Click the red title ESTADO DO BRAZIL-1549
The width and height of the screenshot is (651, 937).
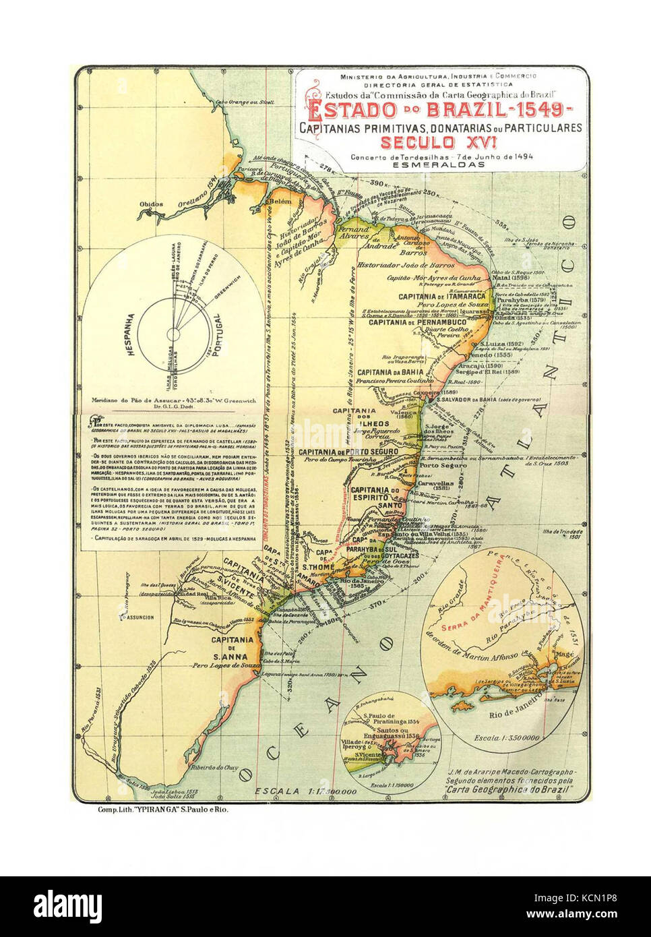tap(440, 110)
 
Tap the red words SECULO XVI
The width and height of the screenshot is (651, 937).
tap(439, 142)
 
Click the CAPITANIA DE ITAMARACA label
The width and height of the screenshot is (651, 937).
tap(441, 297)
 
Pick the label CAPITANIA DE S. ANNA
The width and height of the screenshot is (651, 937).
tap(230, 648)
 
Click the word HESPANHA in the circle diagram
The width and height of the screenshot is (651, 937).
tap(131, 334)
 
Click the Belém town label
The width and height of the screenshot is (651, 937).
tap(279, 201)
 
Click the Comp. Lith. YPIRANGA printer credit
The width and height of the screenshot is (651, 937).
tap(162, 810)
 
